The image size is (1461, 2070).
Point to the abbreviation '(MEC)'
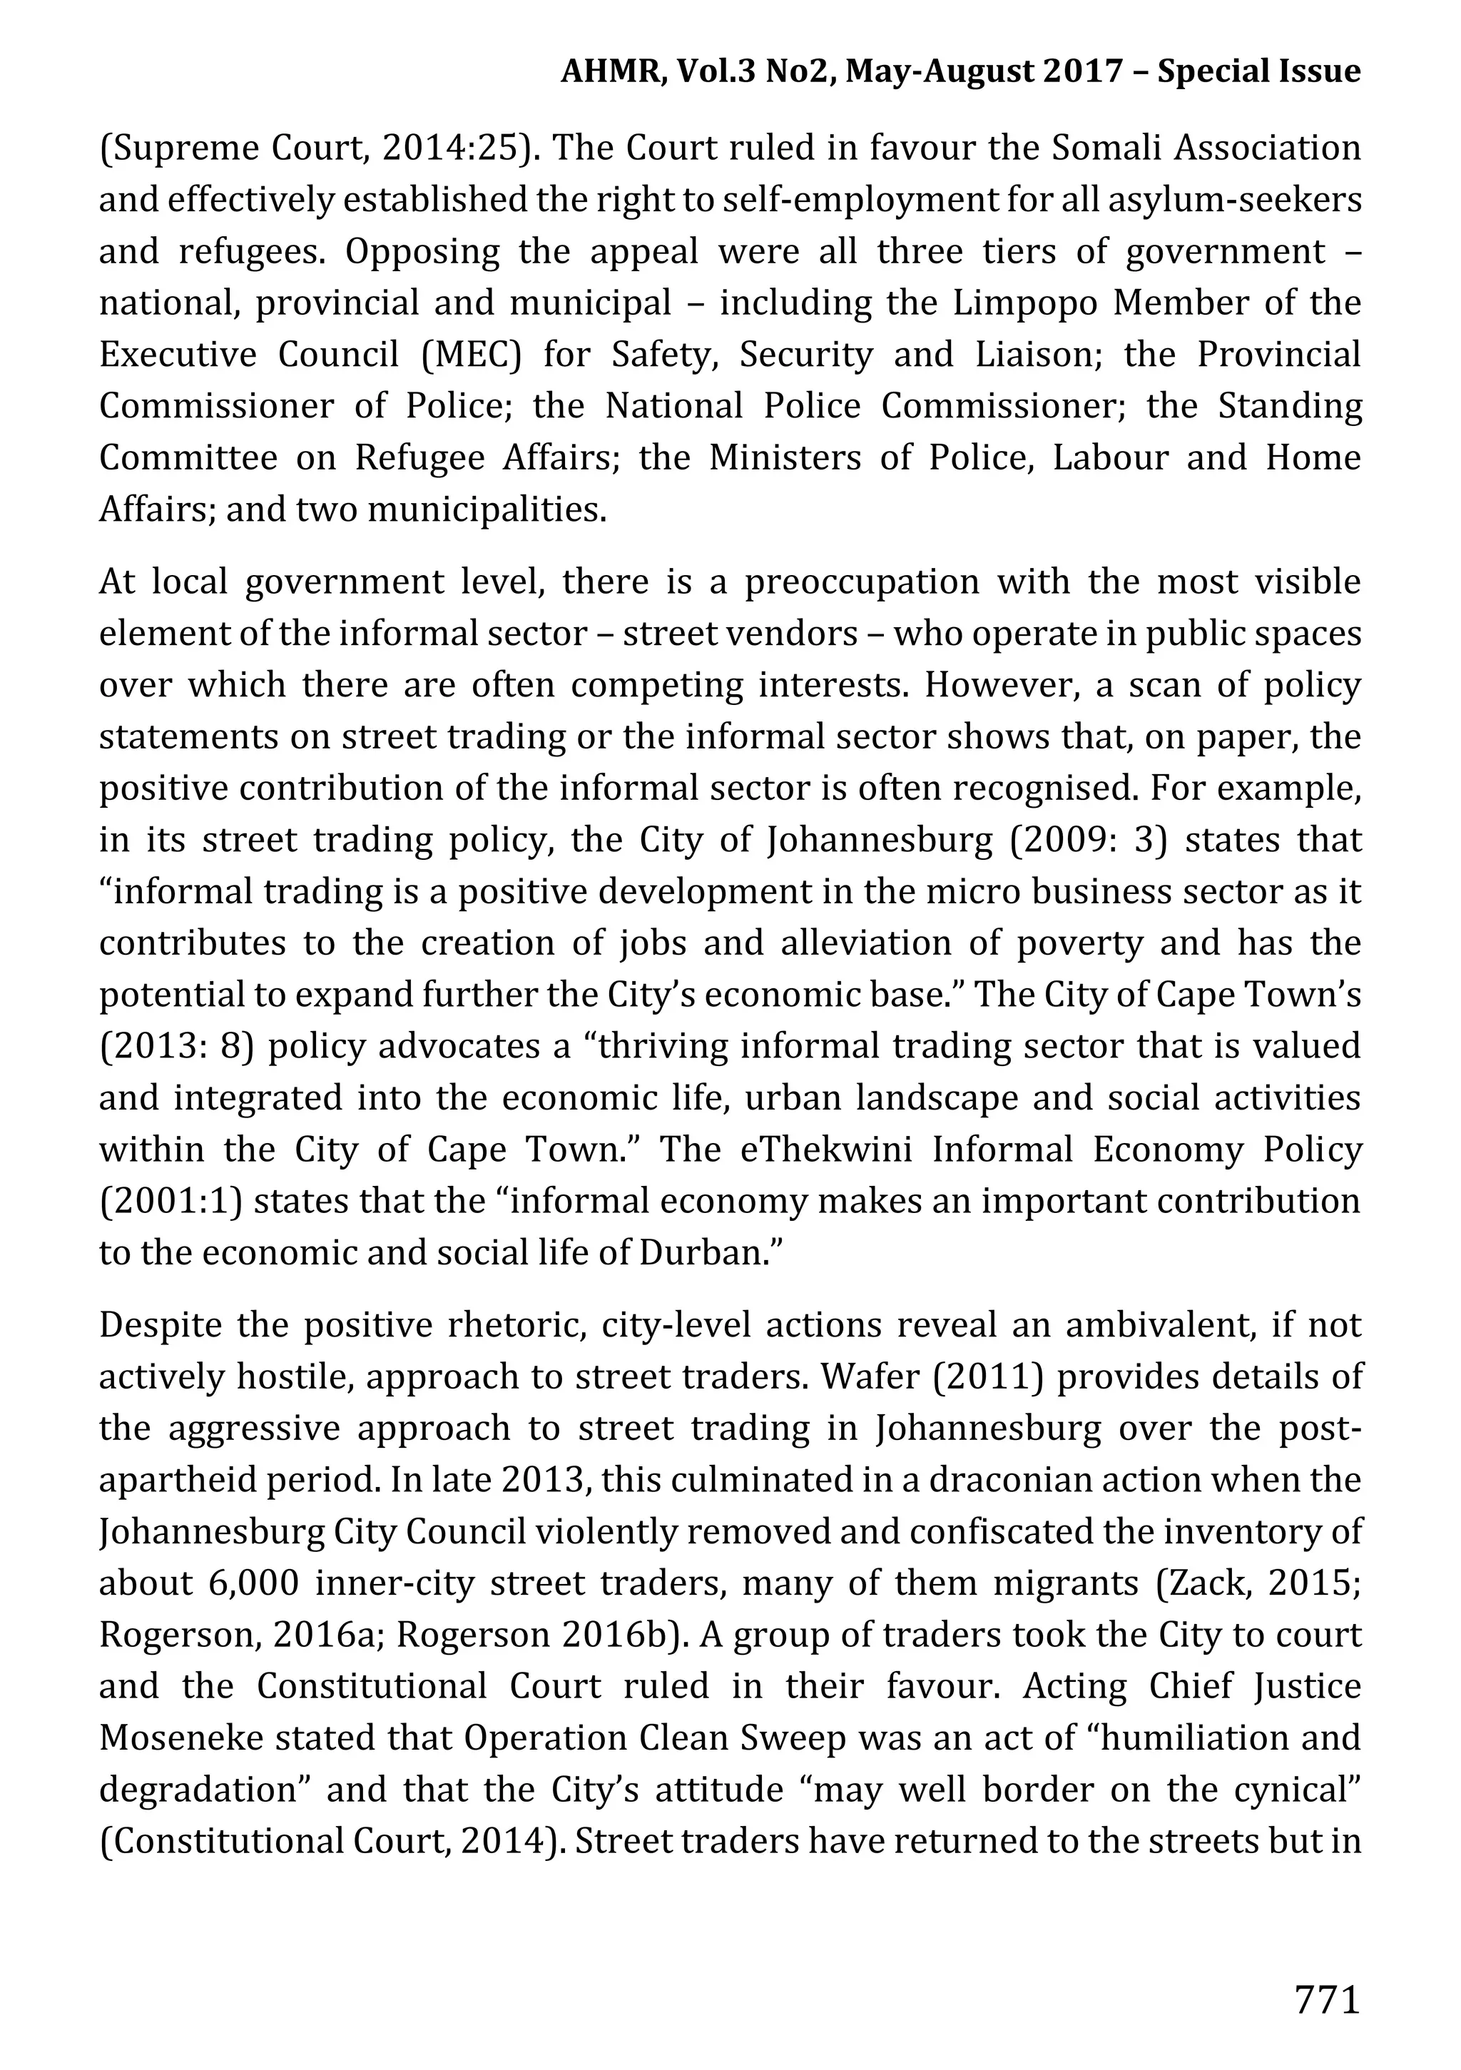pos(472,355)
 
